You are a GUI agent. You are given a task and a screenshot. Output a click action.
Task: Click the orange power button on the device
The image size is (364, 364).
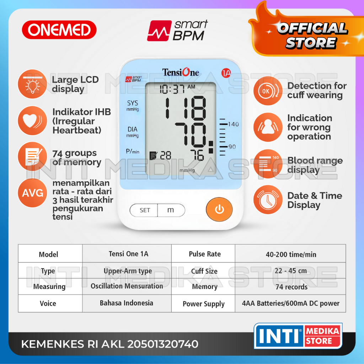click(x=219, y=210)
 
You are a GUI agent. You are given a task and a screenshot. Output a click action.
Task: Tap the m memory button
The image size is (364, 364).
click(x=171, y=210)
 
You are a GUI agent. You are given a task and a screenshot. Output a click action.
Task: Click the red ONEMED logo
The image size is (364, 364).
click(x=59, y=30)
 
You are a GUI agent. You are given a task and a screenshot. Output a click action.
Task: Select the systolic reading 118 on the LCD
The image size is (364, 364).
click(x=185, y=107)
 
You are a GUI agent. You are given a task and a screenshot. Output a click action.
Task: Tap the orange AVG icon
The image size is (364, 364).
click(x=33, y=193)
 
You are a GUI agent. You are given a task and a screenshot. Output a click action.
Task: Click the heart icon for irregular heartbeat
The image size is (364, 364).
click(x=33, y=121)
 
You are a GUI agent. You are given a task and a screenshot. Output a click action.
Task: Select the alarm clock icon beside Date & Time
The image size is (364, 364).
click(x=268, y=200)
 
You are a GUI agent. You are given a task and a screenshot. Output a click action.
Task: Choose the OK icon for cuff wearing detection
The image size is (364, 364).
click(x=268, y=91)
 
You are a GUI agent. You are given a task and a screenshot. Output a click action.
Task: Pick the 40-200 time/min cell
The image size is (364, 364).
click(x=291, y=254)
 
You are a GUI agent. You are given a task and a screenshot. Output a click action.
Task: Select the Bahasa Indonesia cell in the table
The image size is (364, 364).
click(x=127, y=303)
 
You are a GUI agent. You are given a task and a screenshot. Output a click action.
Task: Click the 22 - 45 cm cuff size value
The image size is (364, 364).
click(x=291, y=271)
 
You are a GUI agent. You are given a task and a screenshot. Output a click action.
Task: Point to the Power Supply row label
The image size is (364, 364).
click(x=204, y=304)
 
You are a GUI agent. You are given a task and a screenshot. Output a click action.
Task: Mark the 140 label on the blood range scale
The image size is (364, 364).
click(x=234, y=124)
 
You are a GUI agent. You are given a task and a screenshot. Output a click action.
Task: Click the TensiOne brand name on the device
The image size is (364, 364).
click(x=181, y=73)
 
